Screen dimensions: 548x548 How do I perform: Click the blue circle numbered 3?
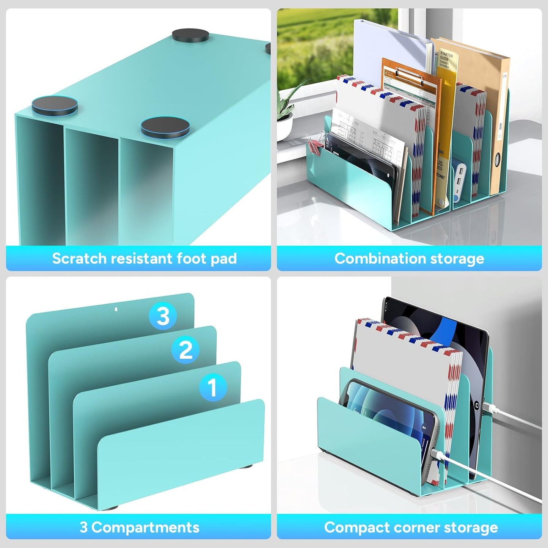tap(163, 316)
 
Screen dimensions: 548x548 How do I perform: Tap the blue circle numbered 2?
tap(185, 350)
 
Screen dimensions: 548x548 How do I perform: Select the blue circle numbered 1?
tap(213, 387)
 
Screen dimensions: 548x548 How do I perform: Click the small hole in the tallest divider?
tap(116, 309)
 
